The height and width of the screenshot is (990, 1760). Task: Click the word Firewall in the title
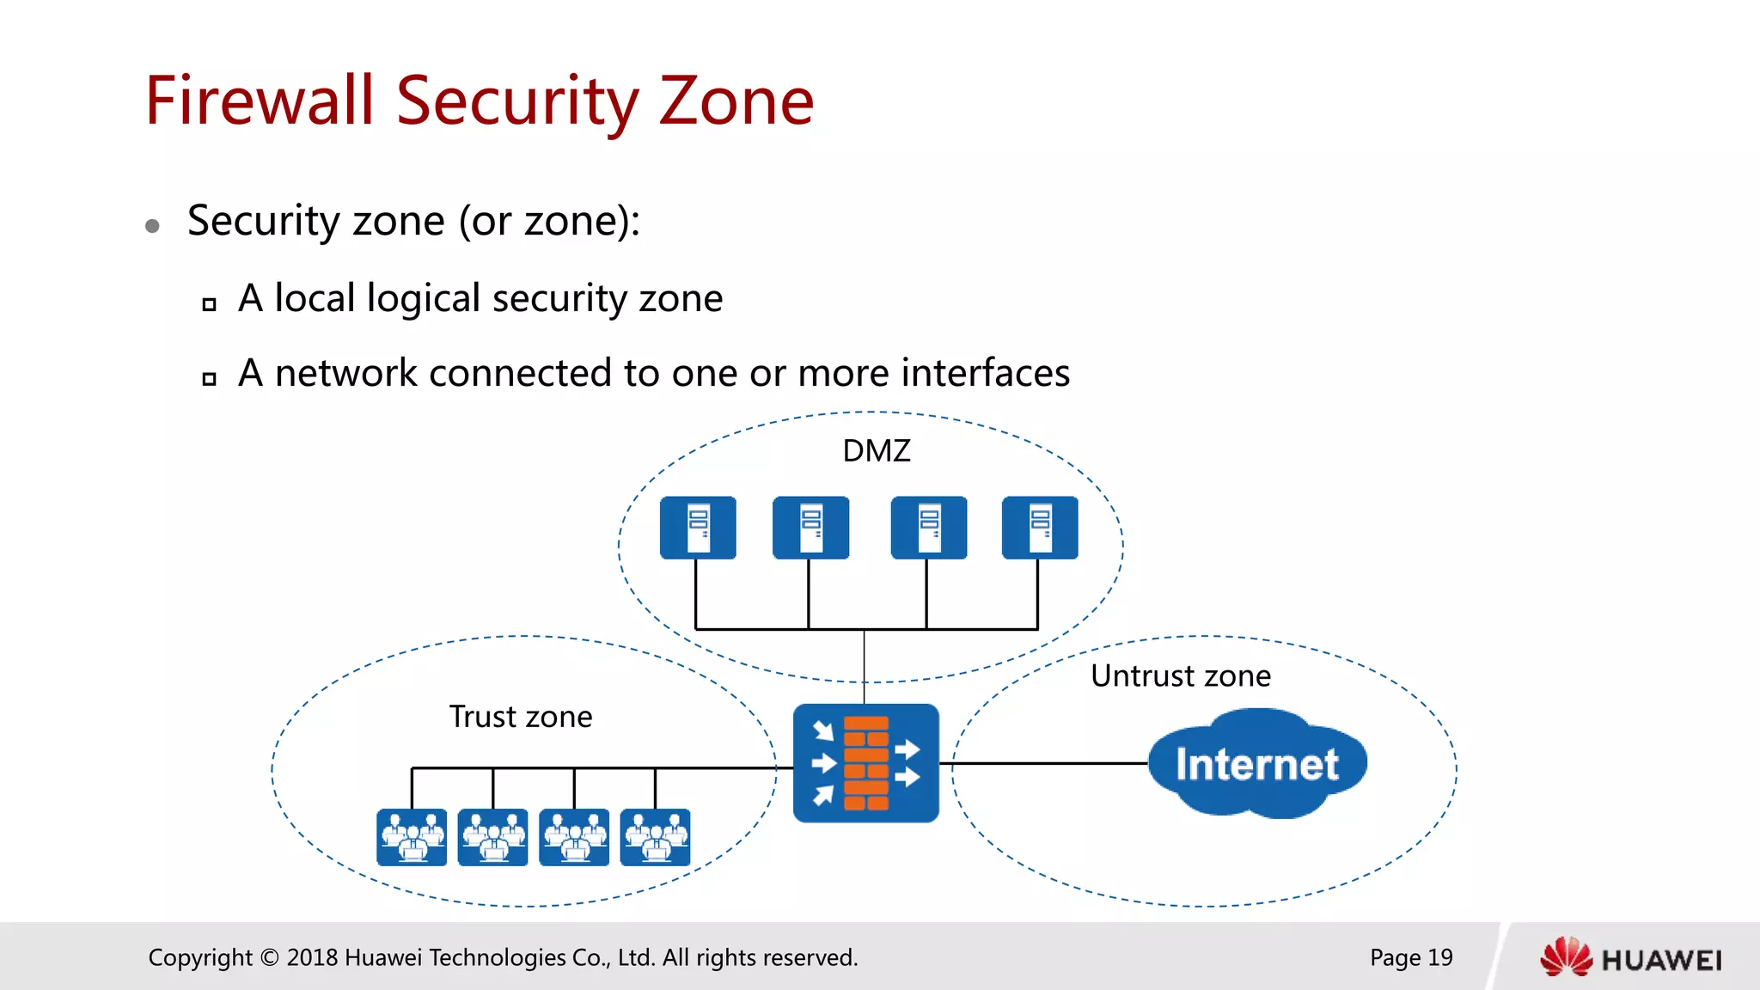[x=259, y=101]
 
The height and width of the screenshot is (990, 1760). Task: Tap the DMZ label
[x=876, y=451]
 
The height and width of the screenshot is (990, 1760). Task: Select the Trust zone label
[x=520, y=717]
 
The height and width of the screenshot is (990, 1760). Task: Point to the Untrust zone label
[x=1180, y=676]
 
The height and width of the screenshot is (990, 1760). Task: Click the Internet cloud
[x=1256, y=763]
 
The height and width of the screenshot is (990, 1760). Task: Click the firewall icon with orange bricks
[x=865, y=763]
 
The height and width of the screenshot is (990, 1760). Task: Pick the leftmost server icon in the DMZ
[x=698, y=528]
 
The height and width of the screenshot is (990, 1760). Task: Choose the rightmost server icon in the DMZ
[x=1039, y=528]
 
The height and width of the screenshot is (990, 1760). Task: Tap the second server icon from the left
[x=810, y=528]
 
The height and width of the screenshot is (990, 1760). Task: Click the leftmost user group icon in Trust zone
[x=412, y=837]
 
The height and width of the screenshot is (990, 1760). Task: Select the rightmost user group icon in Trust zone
[x=655, y=837]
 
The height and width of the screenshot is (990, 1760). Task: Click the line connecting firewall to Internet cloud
[x=1048, y=763]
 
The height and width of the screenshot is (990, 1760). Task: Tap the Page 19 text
[x=1410, y=957]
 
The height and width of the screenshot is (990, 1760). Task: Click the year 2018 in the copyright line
[x=312, y=957]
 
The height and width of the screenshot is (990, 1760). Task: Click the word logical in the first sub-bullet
[x=423, y=298]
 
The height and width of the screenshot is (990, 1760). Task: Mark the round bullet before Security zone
[x=153, y=226]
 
